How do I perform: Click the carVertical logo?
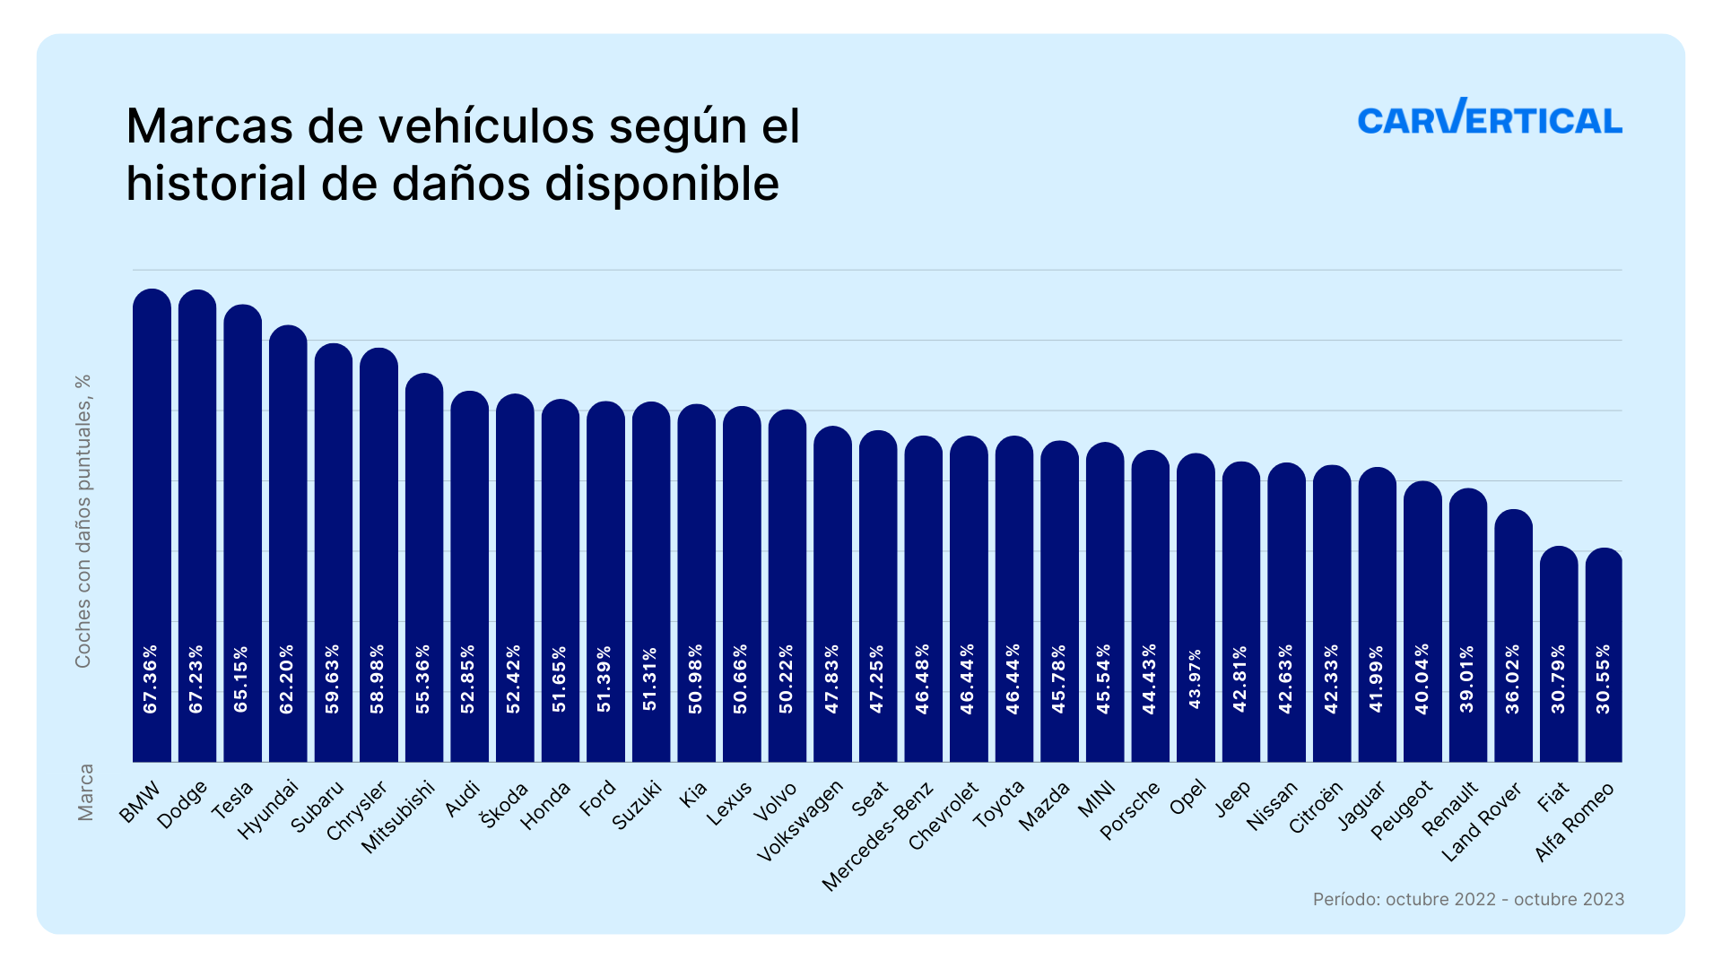pos(1490,117)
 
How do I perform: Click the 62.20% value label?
pos(287,679)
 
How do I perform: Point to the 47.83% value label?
pos(832,679)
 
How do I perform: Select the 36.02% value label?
pos(1513,679)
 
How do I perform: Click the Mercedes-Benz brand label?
pos(879,836)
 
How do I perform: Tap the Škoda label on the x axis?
pos(505,805)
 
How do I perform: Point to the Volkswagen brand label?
pos(800,821)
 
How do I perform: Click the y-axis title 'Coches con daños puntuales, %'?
pos(83,521)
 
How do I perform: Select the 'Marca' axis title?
pos(85,792)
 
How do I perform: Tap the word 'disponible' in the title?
pos(662,184)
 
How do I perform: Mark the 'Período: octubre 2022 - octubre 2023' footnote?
pos(1468,899)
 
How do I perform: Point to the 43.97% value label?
pos(1195,679)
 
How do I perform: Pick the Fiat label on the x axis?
pos(1553,796)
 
